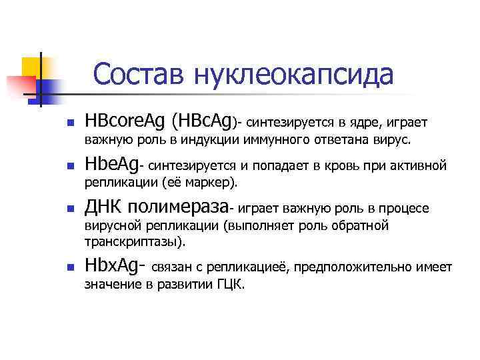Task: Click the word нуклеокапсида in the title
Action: click(292, 75)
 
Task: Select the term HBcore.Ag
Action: click(124, 122)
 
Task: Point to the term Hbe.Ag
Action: click(110, 165)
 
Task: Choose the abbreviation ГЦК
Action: click(230, 285)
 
